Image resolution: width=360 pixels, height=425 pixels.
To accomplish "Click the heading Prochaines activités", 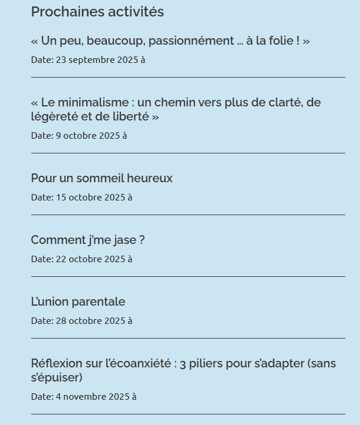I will (x=97, y=12).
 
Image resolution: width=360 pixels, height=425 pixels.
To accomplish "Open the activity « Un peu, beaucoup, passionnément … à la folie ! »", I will (x=170, y=41).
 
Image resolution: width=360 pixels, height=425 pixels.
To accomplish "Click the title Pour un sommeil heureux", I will (x=102, y=178).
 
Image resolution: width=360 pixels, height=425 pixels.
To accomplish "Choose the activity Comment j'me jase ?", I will (x=88, y=240).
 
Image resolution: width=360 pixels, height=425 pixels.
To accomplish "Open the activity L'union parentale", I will (x=78, y=302).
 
